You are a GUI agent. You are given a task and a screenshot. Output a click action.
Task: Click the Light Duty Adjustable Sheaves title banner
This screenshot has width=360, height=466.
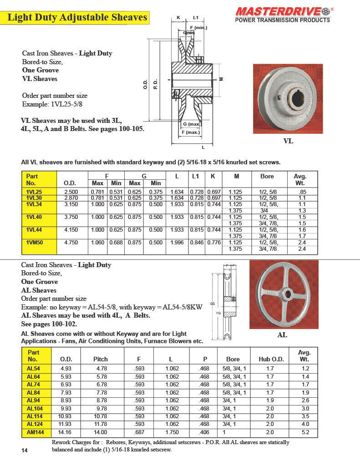click(x=78, y=18)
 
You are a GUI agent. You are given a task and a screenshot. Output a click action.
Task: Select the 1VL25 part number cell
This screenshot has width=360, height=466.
click(x=35, y=192)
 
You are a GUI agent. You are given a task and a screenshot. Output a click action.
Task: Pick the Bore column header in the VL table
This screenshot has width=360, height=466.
click(x=267, y=176)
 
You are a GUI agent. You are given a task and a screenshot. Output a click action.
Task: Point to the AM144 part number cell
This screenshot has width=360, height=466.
click(x=35, y=432)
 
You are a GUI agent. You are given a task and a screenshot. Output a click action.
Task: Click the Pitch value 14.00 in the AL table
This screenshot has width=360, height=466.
click(x=101, y=432)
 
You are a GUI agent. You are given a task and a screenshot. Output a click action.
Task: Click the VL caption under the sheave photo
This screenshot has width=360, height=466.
click(x=288, y=141)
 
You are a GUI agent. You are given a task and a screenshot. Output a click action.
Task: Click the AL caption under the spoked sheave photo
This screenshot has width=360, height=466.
click(x=282, y=334)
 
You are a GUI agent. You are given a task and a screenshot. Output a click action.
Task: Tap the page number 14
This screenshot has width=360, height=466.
click(x=25, y=450)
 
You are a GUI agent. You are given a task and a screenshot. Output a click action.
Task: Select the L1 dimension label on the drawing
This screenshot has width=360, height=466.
click(x=196, y=18)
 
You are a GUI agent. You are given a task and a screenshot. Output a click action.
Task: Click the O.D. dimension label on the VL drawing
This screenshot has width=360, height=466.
click(x=145, y=85)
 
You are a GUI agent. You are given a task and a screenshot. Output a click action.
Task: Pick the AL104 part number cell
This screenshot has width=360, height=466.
click(x=35, y=408)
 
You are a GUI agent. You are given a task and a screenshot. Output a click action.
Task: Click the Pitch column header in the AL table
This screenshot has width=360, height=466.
click(x=101, y=359)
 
